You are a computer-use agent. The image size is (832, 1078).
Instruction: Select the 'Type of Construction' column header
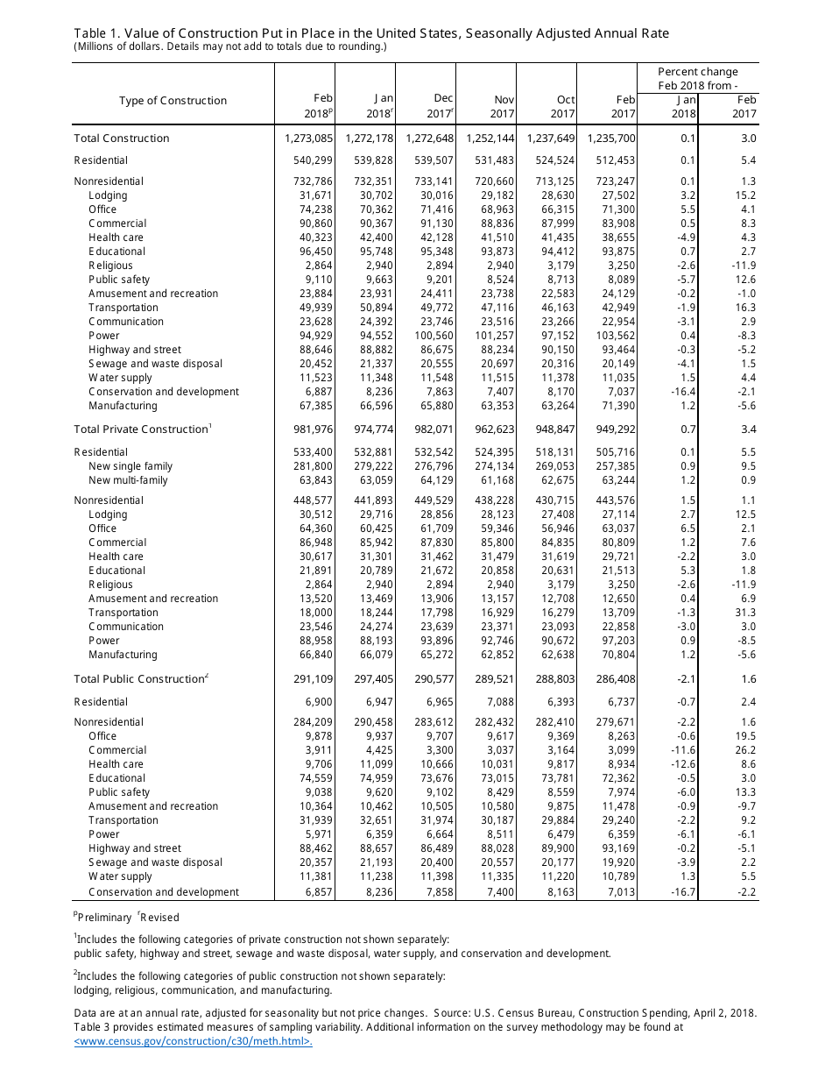pos(173,101)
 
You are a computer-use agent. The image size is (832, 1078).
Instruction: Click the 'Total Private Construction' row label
pos(140,429)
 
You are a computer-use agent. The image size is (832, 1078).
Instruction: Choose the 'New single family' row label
pos(130,466)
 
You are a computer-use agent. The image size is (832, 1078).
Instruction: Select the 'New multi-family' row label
pos(128,480)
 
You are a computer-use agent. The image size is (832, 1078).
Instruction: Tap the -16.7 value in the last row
pos(681,892)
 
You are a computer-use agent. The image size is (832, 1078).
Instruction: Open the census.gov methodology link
pos(194,1041)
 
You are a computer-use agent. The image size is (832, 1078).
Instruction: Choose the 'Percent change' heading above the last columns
pos(698,72)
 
